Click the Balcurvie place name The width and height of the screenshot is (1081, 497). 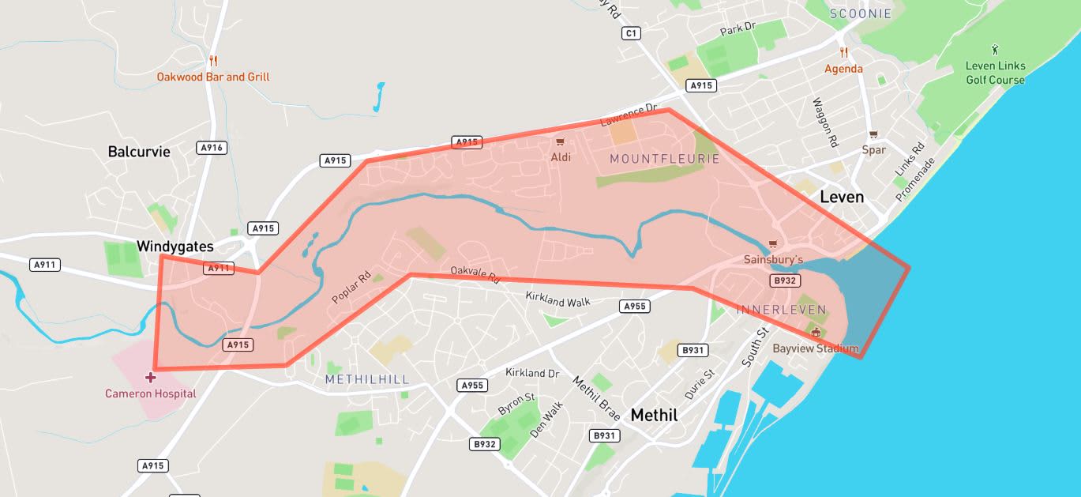coord(139,151)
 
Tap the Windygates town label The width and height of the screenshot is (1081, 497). coord(175,246)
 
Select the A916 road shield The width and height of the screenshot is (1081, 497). coord(212,147)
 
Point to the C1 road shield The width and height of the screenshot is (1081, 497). coord(630,33)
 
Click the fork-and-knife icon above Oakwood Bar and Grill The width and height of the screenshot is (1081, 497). coord(212,61)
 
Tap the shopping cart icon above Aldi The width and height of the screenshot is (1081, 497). coord(560,141)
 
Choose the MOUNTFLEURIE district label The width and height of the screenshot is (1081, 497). coord(665,159)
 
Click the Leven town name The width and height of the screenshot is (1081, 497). coord(842,196)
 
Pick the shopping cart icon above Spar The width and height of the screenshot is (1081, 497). coord(873,134)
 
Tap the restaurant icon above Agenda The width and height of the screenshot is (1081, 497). coord(843,53)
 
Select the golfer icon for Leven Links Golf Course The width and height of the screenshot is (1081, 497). coord(995,49)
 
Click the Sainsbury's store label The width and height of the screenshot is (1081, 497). coord(773,259)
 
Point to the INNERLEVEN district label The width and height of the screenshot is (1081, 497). coord(781,310)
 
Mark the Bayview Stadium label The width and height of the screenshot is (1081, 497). coord(815,348)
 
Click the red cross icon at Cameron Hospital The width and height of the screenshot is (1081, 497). coord(150,377)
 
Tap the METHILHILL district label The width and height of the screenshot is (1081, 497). coord(367,379)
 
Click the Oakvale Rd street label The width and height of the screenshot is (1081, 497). coord(475,274)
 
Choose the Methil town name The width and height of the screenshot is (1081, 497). coord(654,414)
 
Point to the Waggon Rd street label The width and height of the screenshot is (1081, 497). coord(824,122)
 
